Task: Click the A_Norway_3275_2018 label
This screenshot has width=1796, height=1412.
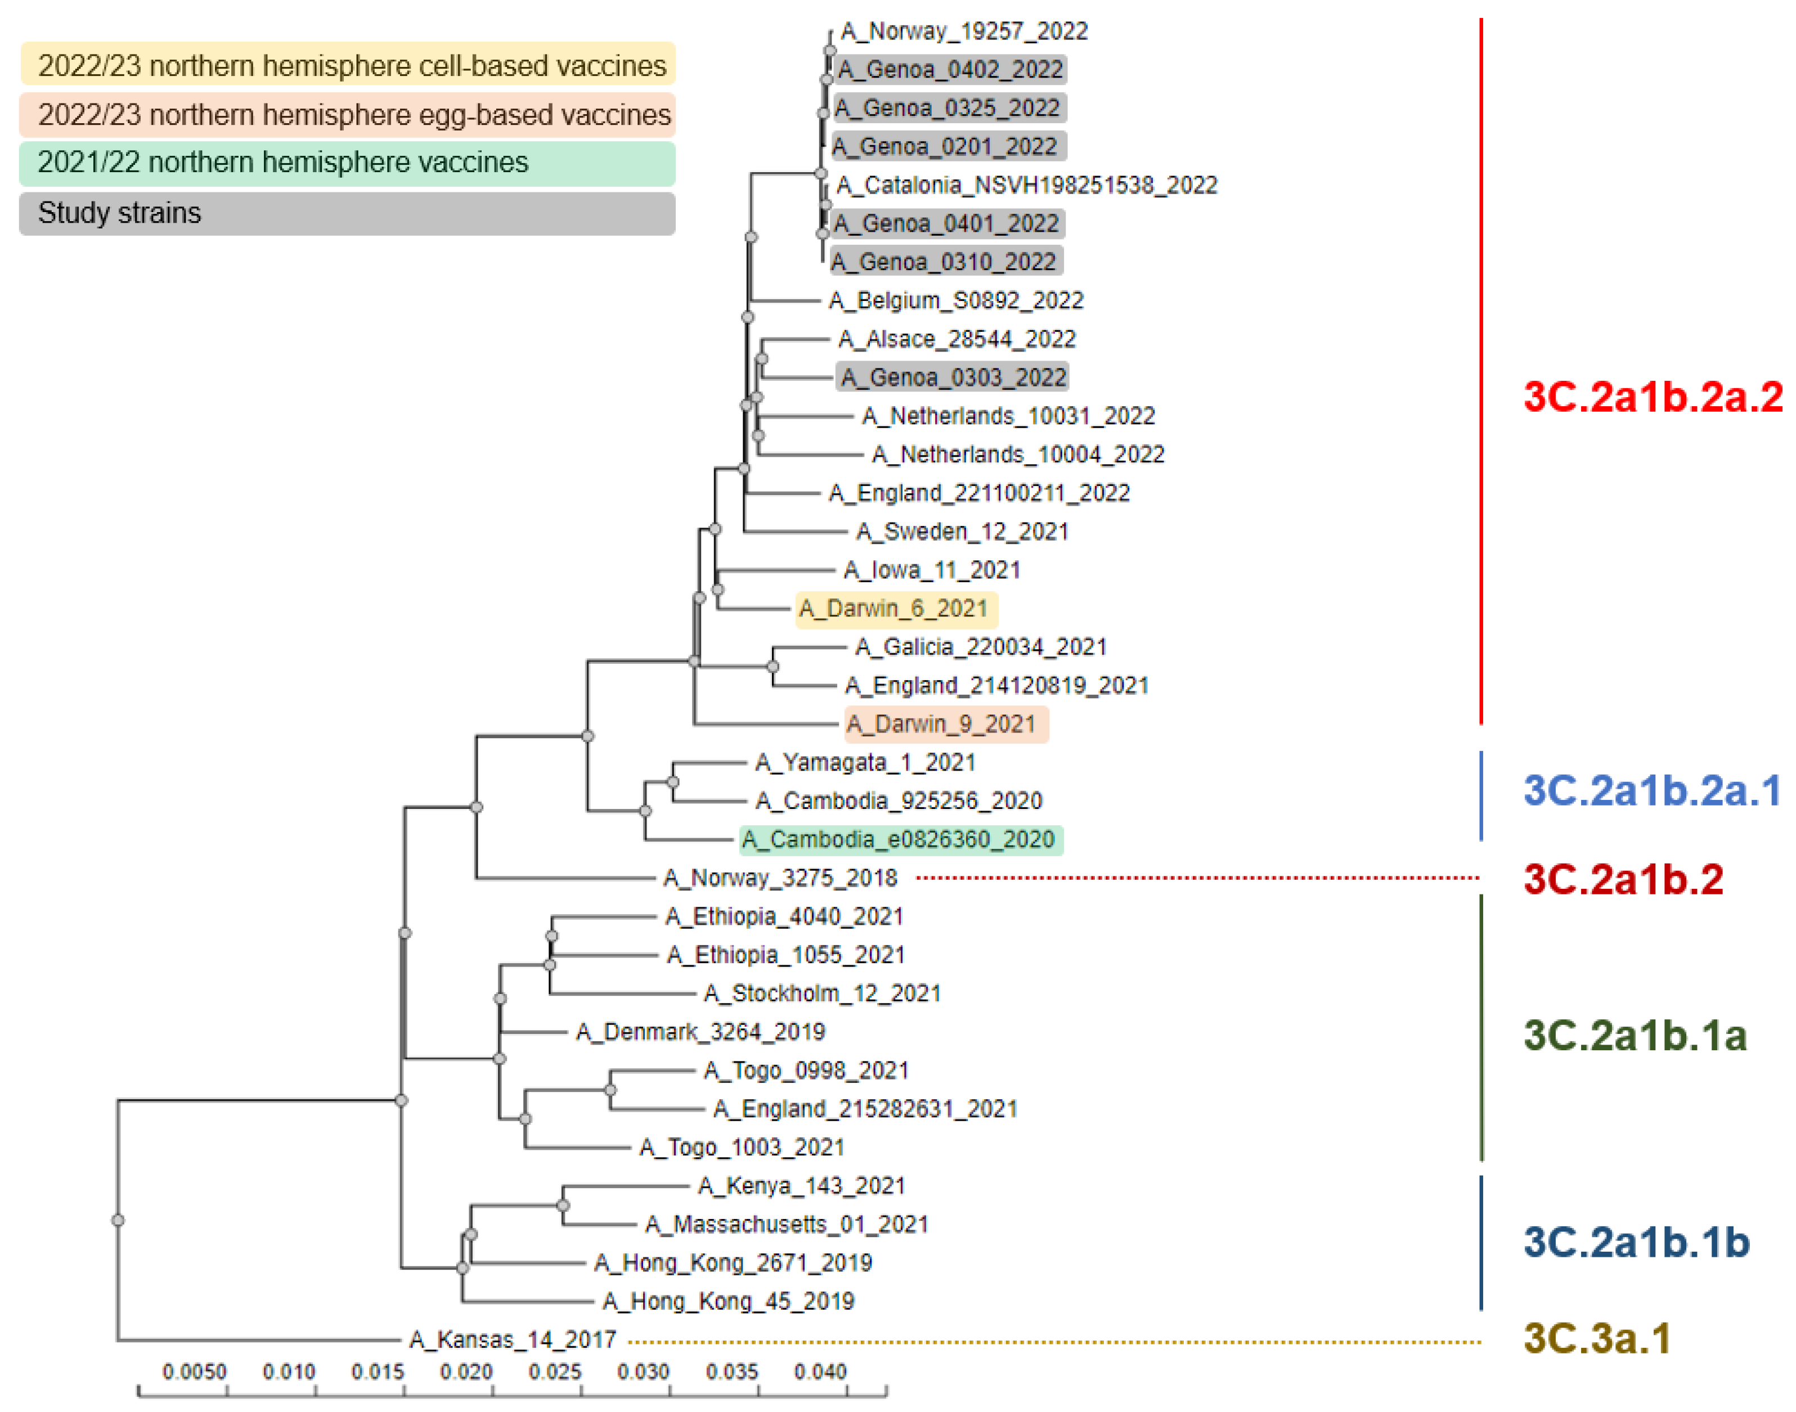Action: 780,878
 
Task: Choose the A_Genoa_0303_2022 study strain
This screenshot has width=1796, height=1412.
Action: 953,378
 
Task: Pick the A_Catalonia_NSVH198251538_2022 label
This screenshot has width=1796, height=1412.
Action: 1027,185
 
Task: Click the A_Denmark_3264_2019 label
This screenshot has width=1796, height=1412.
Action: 701,1032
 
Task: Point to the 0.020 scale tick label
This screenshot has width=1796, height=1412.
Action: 466,1372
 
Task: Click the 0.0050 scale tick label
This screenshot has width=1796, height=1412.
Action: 194,1372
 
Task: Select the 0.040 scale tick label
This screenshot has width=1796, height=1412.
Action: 820,1372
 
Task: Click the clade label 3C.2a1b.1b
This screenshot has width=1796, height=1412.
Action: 1636,1243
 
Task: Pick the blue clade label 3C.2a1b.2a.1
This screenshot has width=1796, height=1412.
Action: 1651,791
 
